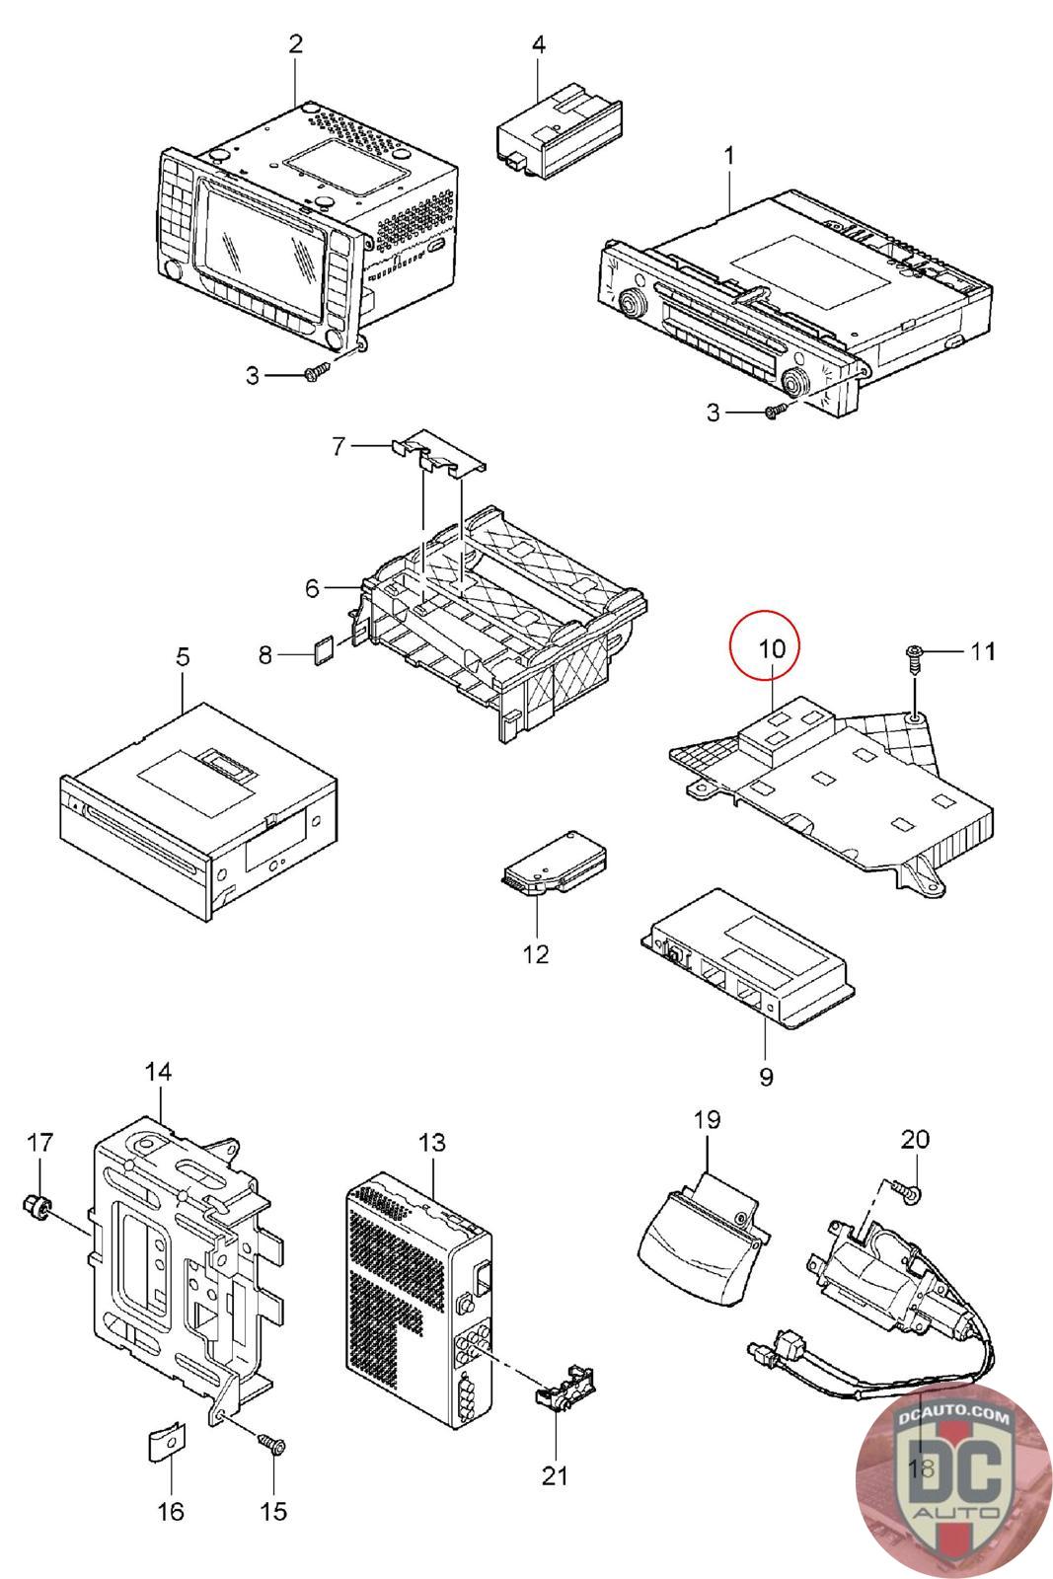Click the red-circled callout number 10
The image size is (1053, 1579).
772,647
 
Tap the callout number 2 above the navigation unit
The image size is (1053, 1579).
296,43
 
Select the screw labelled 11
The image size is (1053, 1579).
914,660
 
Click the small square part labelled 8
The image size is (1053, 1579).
325,649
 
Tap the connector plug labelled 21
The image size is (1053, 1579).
565,1394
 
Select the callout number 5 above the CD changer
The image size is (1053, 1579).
183,657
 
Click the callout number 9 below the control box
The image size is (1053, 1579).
766,1077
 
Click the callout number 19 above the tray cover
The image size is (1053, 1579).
707,1119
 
